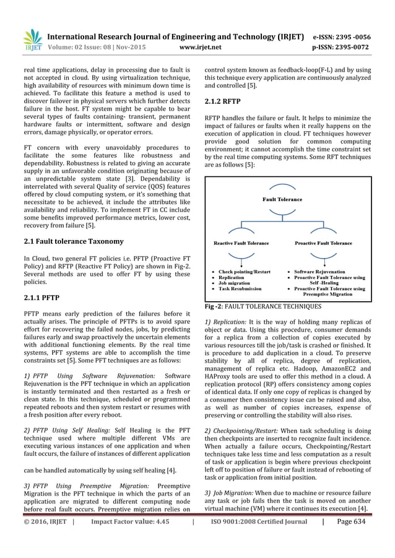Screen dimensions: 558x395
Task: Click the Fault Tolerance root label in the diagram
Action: [282, 200]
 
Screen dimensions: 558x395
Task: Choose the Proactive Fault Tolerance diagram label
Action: [323, 243]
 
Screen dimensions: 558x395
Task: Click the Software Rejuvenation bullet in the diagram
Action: [323, 272]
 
